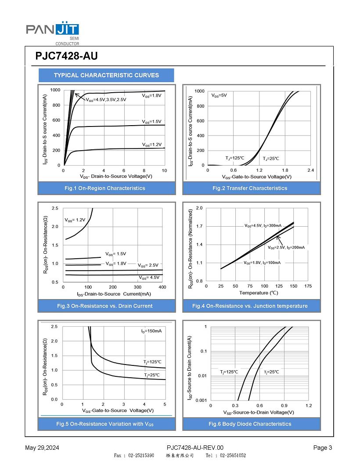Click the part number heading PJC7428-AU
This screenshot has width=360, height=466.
pos(66,56)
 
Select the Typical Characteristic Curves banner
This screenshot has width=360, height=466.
pos(106,75)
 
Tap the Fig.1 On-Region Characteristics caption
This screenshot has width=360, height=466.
pos(104,188)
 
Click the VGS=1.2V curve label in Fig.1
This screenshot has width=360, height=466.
pos(152,144)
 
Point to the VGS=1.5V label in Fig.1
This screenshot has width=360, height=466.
pos(152,121)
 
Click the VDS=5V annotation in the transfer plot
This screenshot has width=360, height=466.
pos(219,95)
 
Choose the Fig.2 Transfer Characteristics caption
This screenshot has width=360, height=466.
pos(250,188)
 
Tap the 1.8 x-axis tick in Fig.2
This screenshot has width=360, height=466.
pos(285,170)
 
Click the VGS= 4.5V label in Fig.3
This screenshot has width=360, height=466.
pos(149,278)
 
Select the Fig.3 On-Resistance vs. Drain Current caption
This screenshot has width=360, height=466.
pos(108,306)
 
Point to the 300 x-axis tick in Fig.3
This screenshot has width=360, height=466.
pos(137,287)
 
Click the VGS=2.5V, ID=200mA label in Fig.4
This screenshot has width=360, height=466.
pos(286,248)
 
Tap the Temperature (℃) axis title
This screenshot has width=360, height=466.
pos(259,293)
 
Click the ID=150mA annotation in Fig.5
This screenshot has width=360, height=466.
pos(151,331)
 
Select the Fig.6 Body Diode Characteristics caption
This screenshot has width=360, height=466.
pos(250,424)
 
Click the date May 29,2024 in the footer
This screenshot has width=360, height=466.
pos(42,448)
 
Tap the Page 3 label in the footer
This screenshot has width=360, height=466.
pos(323,448)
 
